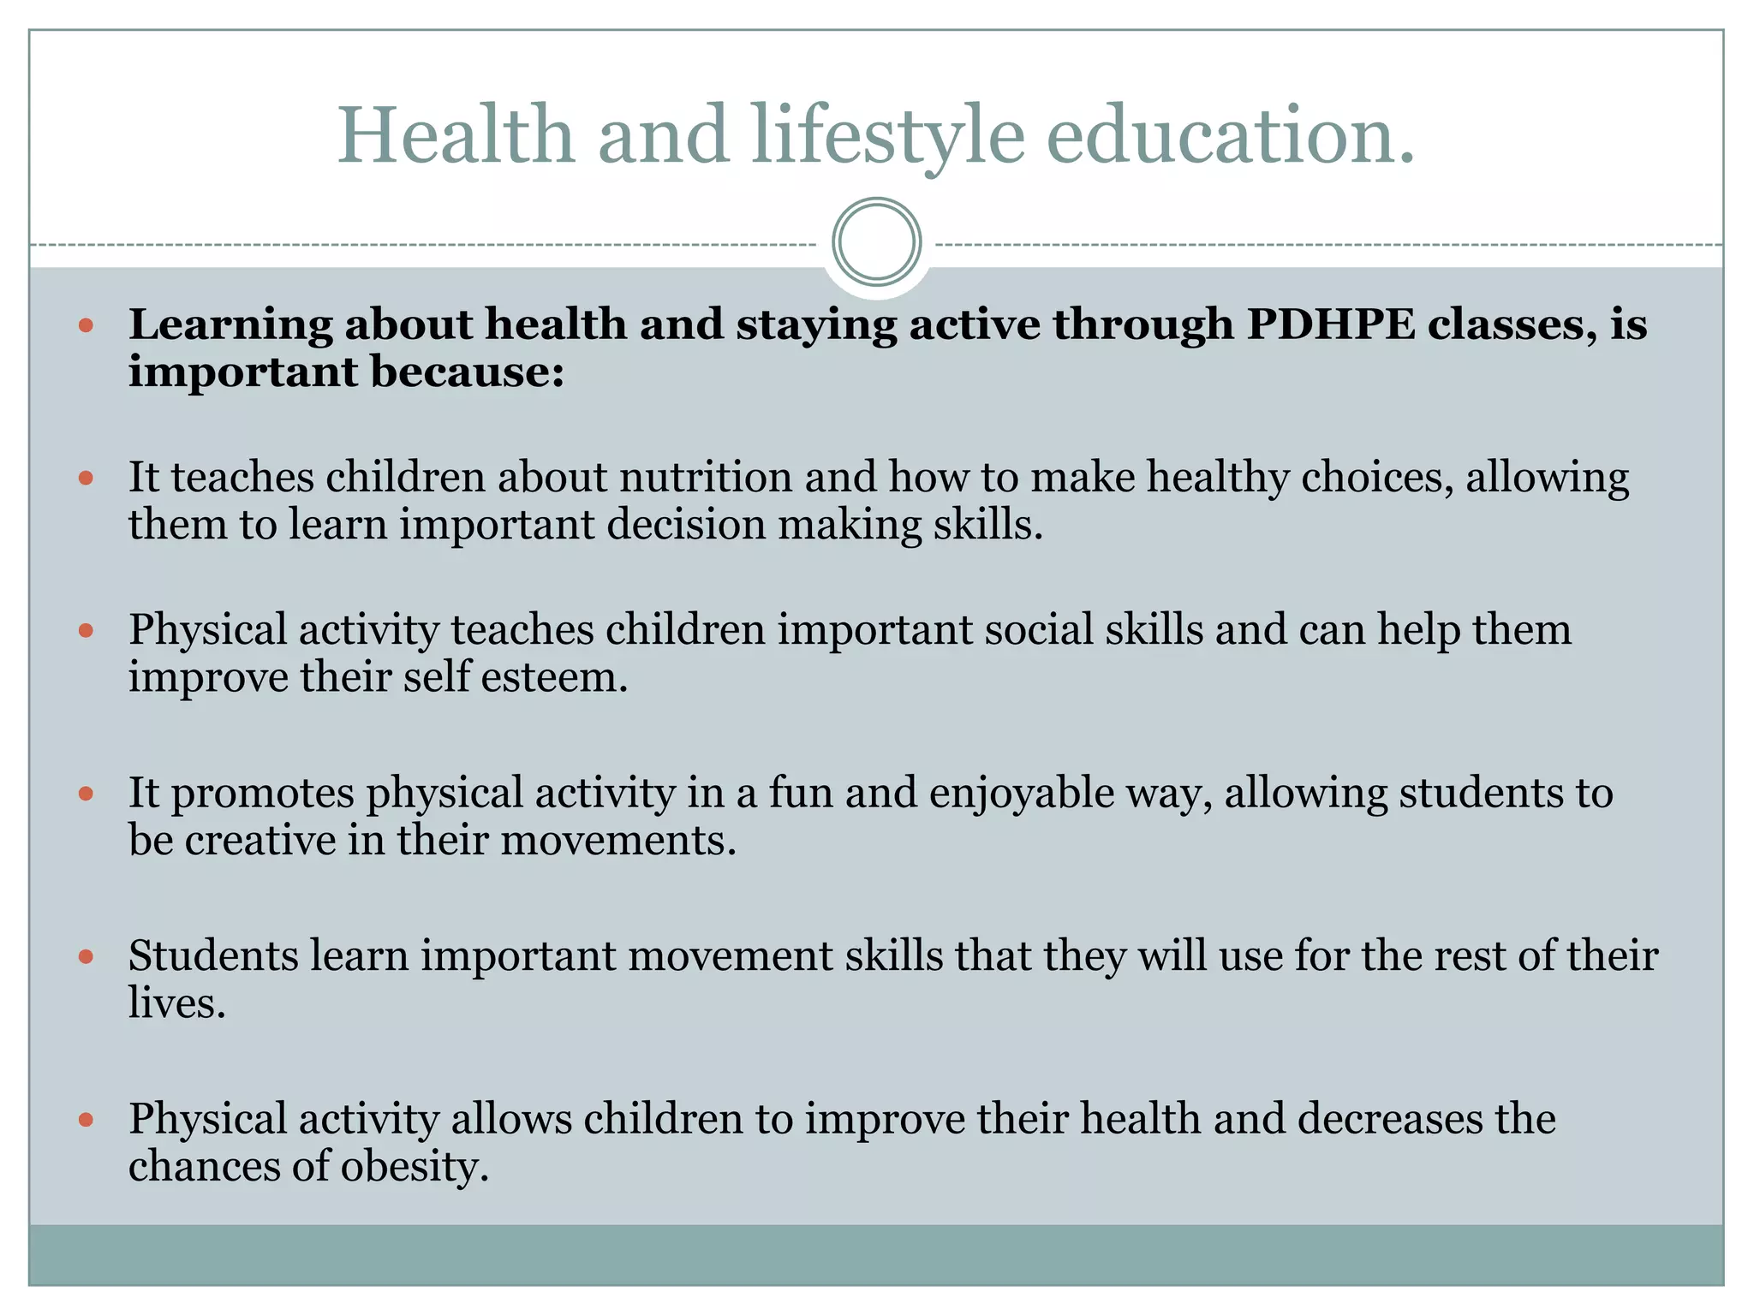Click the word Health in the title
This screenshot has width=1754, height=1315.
click(456, 134)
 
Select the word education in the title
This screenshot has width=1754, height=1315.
click(1230, 134)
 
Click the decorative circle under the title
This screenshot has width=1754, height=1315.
click(876, 241)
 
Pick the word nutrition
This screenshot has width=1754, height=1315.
click(706, 477)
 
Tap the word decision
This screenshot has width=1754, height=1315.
click(685, 524)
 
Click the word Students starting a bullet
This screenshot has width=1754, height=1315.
click(213, 955)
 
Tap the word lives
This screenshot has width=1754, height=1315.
click(176, 1003)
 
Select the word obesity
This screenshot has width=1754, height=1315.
click(415, 1166)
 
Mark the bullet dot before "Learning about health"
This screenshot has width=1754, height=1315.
click(86, 325)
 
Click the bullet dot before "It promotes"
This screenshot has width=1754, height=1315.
click(86, 794)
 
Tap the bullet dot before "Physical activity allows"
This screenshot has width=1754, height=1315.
click(86, 1119)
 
